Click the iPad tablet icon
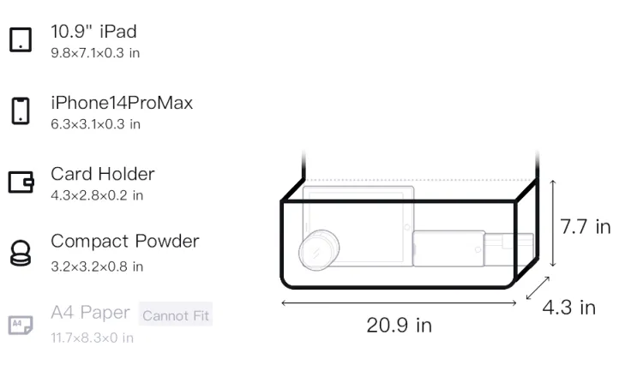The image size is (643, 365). pyautogui.click(x=21, y=39)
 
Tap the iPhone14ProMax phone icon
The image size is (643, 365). pyautogui.click(x=21, y=111)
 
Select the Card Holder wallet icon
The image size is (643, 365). pyautogui.click(x=21, y=182)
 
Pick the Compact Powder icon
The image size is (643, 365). pyautogui.click(x=21, y=253)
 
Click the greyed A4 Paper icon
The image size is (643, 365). pyautogui.click(x=21, y=325)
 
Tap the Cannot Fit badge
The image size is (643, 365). pyautogui.click(x=176, y=315)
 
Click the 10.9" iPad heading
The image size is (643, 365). pyautogui.click(x=93, y=32)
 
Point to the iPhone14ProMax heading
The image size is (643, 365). pyautogui.click(x=122, y=103)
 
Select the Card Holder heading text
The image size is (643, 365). pyautogui.click(x=103, y=174)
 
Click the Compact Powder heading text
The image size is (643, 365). pyautogui.click(x=125, y=242)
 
